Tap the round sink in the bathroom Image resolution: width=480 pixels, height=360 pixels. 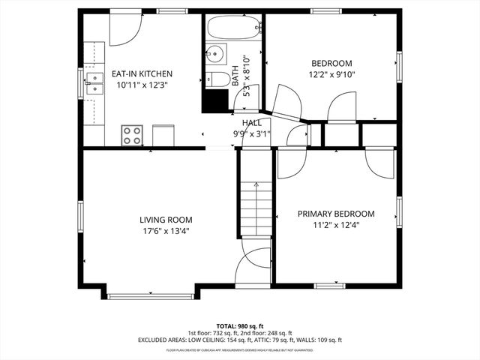217,55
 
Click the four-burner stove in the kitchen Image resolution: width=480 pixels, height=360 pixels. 132,135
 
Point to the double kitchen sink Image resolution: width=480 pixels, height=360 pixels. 94,82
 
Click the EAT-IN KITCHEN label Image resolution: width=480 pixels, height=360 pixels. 142,74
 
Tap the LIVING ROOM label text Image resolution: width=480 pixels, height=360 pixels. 165,220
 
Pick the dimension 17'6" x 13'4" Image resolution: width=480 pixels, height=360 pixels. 165,231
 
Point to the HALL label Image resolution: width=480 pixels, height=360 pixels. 251,123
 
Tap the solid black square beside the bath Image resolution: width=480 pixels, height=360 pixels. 215,100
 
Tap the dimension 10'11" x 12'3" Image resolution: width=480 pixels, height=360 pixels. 142,85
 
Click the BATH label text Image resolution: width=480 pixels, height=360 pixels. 235,74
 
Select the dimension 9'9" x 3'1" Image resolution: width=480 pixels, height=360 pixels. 251,134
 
